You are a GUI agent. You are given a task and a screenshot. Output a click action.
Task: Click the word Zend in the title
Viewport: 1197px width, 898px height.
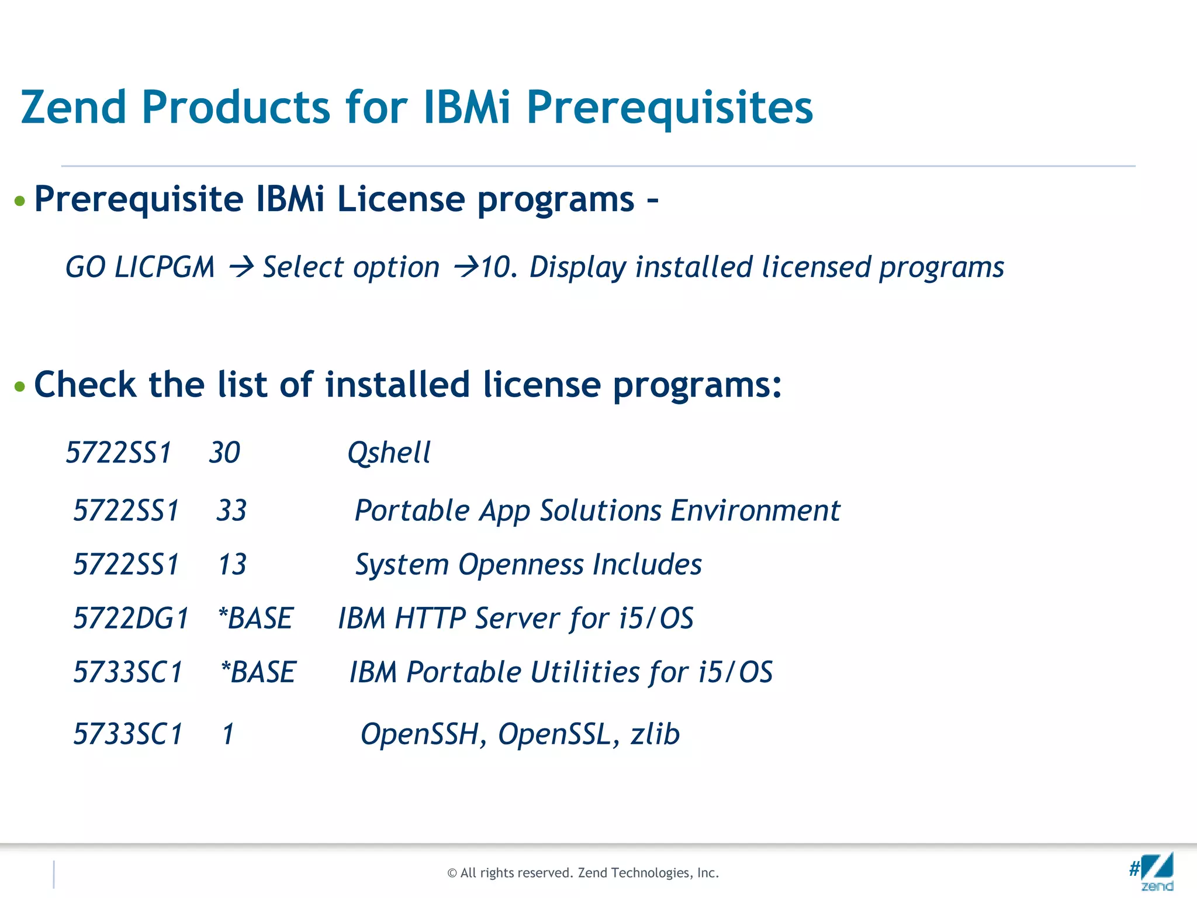[x=74, y=108]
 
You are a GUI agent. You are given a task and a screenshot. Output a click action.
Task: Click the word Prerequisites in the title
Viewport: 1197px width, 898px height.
[x=669, y=109]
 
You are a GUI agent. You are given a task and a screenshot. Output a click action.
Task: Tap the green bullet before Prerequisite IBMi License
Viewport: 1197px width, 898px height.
[x=20, y=201]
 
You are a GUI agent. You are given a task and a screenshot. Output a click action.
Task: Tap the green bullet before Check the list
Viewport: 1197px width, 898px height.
[x=20, y=386]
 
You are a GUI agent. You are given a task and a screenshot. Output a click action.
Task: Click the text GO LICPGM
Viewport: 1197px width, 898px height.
[x=140, y=268]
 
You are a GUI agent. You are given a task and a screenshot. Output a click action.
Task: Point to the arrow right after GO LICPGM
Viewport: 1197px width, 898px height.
[x=241, y=268]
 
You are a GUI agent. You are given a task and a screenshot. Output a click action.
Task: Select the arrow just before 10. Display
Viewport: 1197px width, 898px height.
[x=466, y=268]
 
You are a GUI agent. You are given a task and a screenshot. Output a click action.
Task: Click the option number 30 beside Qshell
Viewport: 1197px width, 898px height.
[x=224, y=453]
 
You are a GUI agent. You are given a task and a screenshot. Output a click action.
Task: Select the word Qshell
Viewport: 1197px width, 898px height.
[x=389, y=453]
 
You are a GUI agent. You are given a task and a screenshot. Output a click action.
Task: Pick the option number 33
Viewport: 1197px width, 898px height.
[x=231, y=510]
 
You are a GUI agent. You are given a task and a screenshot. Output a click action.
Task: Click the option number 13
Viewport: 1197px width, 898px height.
[x=232, y=565]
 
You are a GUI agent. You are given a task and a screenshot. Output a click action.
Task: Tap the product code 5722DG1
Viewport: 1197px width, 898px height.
[x=131, y=619]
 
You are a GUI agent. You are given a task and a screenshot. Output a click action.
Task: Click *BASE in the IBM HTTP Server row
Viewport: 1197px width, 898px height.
[x=255, y=619]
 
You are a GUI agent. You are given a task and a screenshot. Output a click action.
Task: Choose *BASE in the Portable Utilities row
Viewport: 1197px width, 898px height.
[x=258, y=672]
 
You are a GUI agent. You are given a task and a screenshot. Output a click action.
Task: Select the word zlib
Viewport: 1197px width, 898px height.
[x=655, y=734]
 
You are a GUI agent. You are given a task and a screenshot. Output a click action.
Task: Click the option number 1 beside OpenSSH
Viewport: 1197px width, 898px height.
[x=228, y=734]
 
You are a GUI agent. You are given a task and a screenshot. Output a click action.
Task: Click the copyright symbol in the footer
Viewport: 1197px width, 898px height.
[x=452, y=873]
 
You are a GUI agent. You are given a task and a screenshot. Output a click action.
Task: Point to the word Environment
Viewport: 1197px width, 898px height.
[x=755, y=510]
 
